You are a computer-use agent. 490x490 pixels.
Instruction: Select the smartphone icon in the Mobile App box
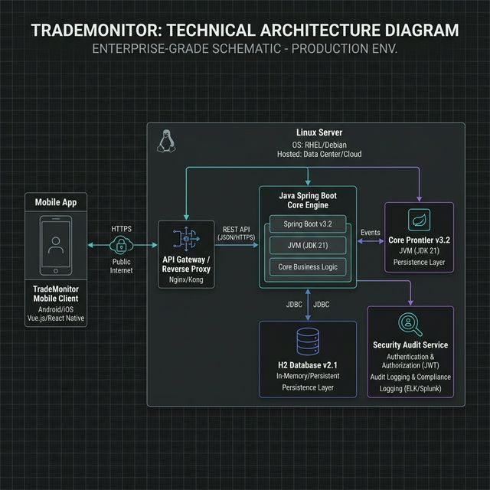[x=55, y=245]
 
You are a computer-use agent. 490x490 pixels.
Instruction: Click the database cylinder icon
[x=308, y=342]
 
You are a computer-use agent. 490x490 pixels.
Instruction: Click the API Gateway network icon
[x=185, y=239]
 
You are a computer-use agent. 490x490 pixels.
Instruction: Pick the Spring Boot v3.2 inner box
[x=306, y=225]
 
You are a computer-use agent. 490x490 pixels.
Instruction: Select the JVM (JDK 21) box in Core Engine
[x=306, y=246]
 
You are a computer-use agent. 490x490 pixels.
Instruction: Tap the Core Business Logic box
[x=306, y=266]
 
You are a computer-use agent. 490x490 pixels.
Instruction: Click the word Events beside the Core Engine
[x=370, y=231]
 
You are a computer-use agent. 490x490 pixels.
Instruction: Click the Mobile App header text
[x=56, y=202]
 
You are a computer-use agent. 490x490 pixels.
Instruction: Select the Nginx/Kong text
[x=185, y=280]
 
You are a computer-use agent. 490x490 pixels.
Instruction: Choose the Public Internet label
[x=120, y=265]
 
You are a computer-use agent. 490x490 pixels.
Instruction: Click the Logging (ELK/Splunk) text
[x=410, y=388]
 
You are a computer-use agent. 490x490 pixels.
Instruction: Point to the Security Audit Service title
[x=410, y=345]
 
